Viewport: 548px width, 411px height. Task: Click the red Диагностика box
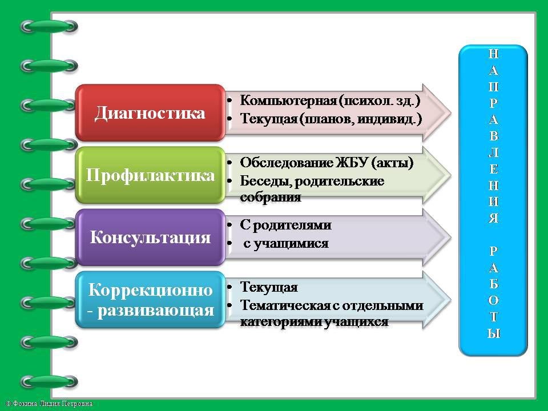click(150, 112)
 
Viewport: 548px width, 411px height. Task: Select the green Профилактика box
click(150, 175)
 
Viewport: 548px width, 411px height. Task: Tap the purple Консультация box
click(150, 237)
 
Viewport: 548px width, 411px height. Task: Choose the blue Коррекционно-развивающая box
click(150, 300)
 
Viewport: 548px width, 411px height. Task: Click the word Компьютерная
click(288, 100)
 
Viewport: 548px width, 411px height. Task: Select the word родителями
click(292, 225)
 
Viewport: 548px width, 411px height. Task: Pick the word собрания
click(271, 197)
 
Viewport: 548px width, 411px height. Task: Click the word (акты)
click(393, 163)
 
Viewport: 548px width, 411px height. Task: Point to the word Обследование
click(286, 163)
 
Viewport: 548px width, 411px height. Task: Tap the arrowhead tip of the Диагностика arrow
click(451, 112)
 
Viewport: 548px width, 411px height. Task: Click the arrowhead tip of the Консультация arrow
click(451, 237)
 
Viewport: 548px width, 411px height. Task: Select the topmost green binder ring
click(49, 27)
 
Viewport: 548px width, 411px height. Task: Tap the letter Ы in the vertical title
click(493, 333)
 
